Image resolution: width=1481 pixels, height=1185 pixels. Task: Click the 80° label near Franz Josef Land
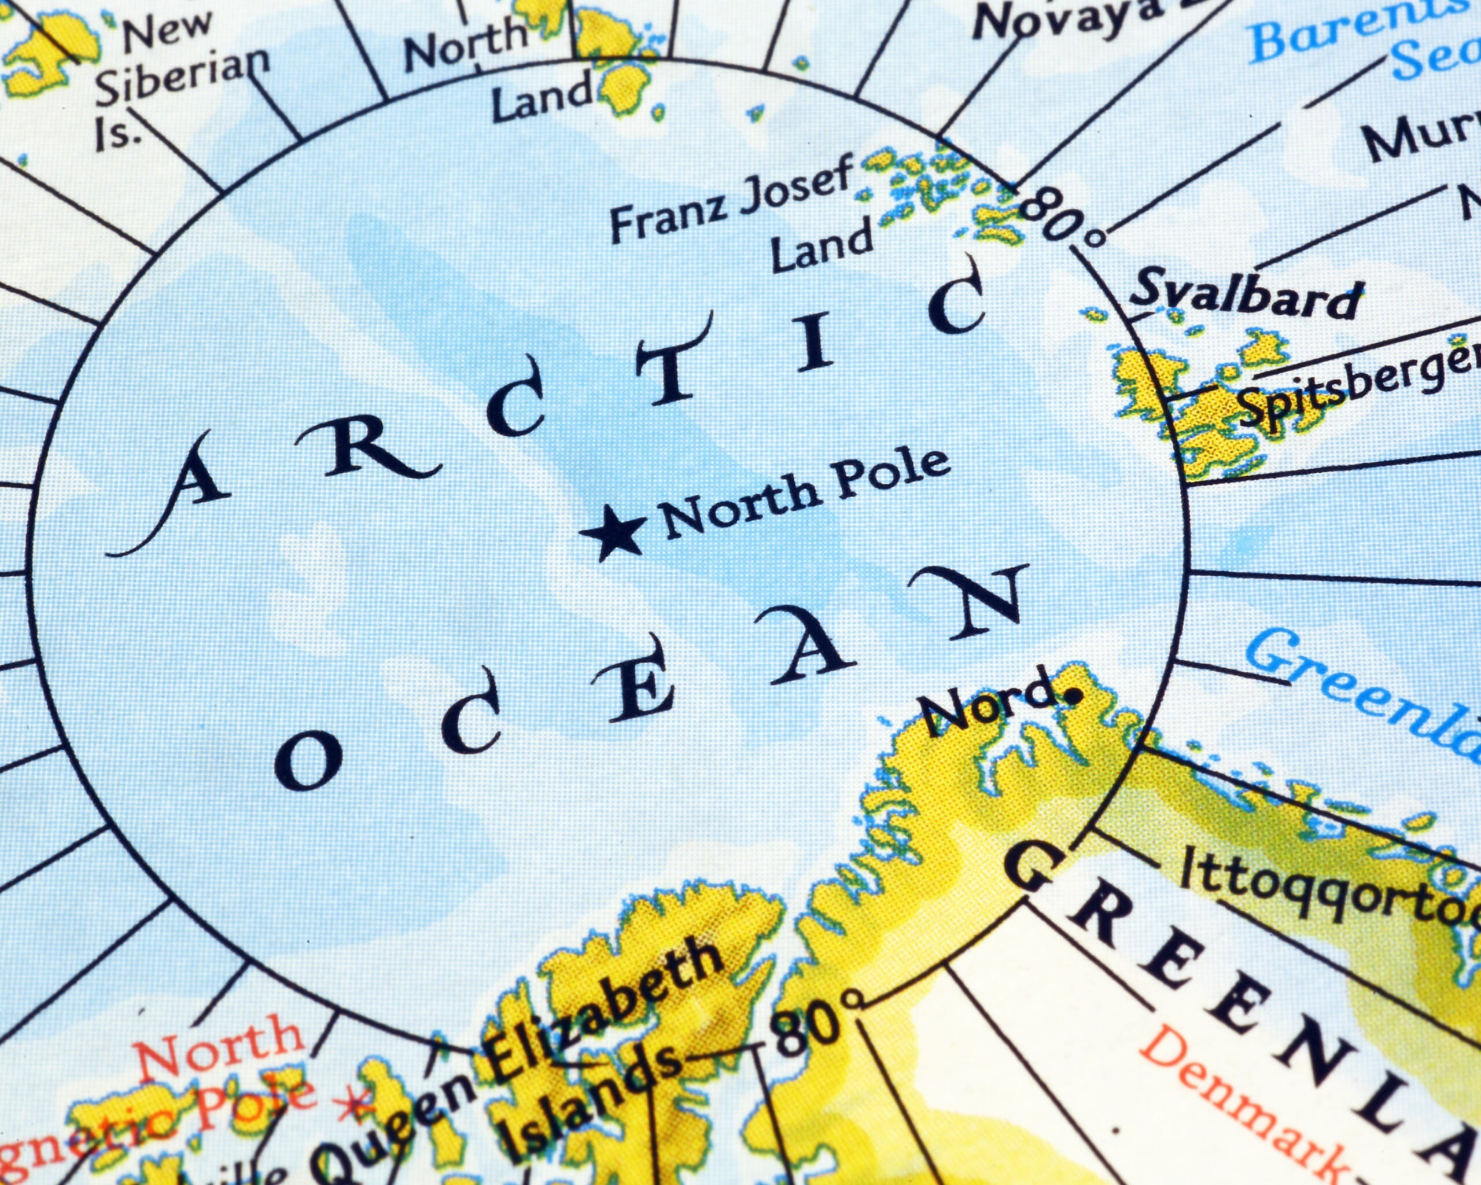pos(1062,216)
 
